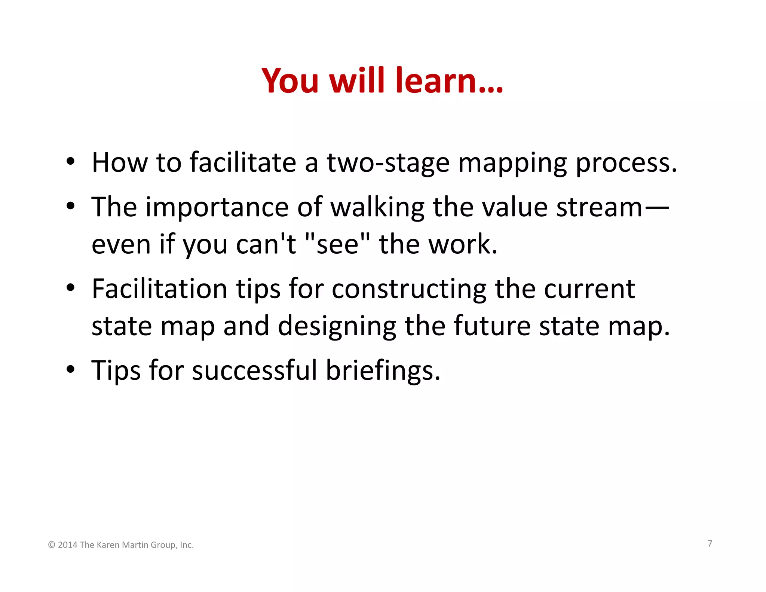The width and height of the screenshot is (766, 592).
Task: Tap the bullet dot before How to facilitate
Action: (x=70, y=162)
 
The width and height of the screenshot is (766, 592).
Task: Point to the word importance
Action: (x=217, y=208)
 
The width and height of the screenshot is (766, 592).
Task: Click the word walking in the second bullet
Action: (x=377, y=208)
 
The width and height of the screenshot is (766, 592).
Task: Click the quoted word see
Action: (x=337, y=245)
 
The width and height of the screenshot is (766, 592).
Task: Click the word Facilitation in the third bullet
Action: (x=160, y=289)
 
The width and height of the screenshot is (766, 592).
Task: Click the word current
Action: (x=589, y=289)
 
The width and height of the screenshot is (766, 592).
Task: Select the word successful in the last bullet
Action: (x=254, y=370)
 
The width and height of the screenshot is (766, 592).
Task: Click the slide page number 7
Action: (x=710, y=543)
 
